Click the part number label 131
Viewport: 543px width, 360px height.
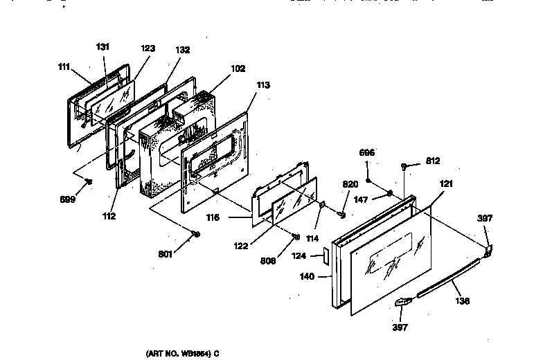103,47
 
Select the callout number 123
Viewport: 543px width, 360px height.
148,48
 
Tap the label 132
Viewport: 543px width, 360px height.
183,51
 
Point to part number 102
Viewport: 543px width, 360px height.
238,69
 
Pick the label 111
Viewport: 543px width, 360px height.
64,66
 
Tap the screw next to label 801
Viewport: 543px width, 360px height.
197,233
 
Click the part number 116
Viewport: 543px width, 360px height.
213,217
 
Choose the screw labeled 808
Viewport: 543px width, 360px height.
296,237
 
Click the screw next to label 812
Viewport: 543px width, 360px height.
403,165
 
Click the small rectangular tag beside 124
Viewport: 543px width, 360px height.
323,255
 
